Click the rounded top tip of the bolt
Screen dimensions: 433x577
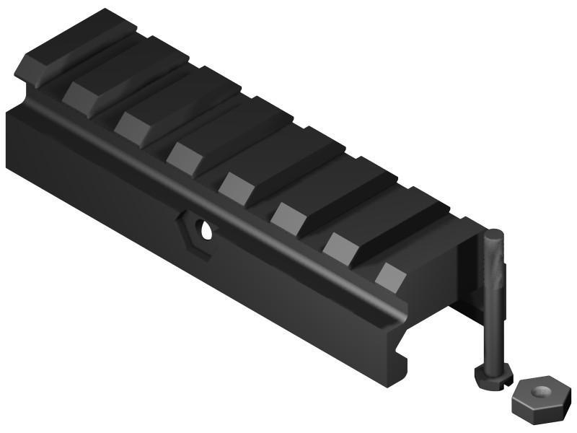click(493, 235)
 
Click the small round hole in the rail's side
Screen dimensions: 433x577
click(207, 231)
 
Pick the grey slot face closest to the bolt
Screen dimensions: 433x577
click(390, 276)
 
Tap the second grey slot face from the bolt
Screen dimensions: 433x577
click(339, 245)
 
